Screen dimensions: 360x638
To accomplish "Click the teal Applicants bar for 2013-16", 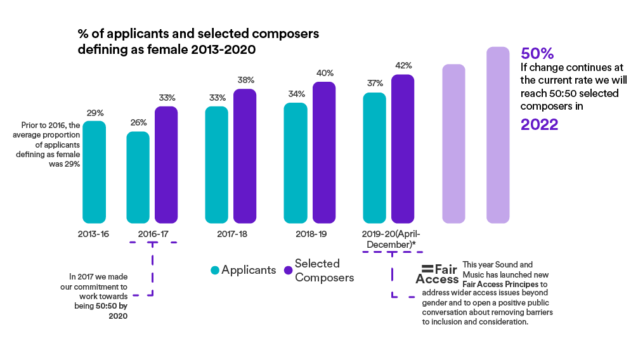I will (94, 172).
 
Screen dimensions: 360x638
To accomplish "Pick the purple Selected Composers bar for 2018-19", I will (323, 153).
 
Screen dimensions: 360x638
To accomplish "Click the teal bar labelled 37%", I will (374, 158).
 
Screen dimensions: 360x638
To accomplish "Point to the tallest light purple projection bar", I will (498, 134).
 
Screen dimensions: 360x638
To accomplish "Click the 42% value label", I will (403, 65).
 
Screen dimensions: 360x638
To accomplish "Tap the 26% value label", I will (139, 122).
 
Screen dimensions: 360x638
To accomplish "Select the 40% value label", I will (325, 73).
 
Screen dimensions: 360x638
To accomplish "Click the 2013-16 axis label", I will (94, 234).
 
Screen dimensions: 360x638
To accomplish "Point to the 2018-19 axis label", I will (311, 234).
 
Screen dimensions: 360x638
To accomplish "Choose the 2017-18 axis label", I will (232, 234).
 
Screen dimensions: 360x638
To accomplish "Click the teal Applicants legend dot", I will (215, 271).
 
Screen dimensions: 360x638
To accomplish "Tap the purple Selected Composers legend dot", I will (289, 271).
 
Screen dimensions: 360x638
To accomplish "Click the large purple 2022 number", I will (539, 124).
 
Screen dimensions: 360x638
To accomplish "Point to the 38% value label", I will (246, 80).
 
